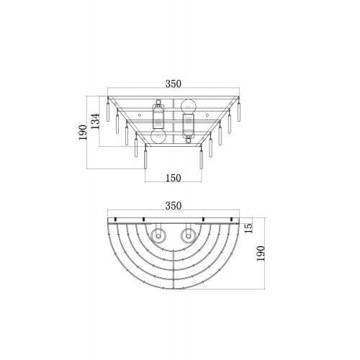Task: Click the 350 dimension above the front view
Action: point(174,84)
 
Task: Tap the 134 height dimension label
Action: point(96,122)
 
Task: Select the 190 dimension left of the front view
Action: point(83,132)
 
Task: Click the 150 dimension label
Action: point(174,178)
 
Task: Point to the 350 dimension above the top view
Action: point(174,206)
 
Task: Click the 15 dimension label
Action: point(248,228)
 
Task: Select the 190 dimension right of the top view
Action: point(261,253)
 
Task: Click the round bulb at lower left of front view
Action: point(158,137)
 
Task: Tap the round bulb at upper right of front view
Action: point(189,105)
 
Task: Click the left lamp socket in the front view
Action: point(158,114)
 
